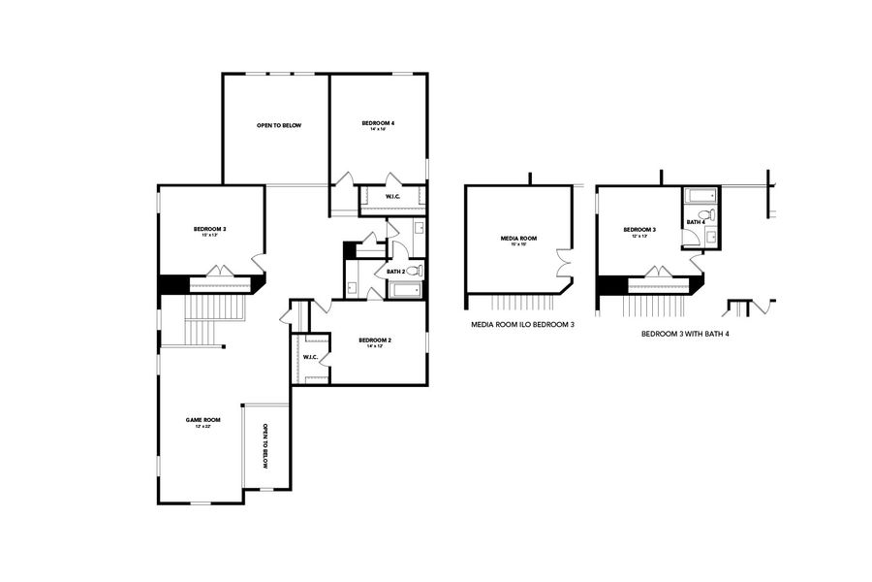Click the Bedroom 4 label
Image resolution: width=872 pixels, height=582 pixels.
378,123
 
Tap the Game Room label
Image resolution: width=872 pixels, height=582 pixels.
203,420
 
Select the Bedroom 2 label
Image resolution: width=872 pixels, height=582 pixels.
375,340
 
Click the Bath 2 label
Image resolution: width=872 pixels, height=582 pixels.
395,272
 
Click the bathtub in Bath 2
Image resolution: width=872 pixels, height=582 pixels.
406,290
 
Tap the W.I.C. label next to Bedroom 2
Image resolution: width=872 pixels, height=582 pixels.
310,357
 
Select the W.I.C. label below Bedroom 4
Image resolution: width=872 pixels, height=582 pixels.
393,198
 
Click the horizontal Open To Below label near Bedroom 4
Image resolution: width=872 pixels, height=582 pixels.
278,125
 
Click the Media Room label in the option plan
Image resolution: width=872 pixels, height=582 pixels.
518,239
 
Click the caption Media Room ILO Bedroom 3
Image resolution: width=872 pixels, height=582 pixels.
516,326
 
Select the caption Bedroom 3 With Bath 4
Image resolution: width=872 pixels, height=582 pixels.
685,333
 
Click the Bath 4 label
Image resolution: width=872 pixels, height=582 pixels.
694,222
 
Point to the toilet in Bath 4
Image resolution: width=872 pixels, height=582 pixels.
707,215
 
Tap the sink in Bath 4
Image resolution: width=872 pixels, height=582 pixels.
710,236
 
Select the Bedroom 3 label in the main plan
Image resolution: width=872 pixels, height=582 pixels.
211,229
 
